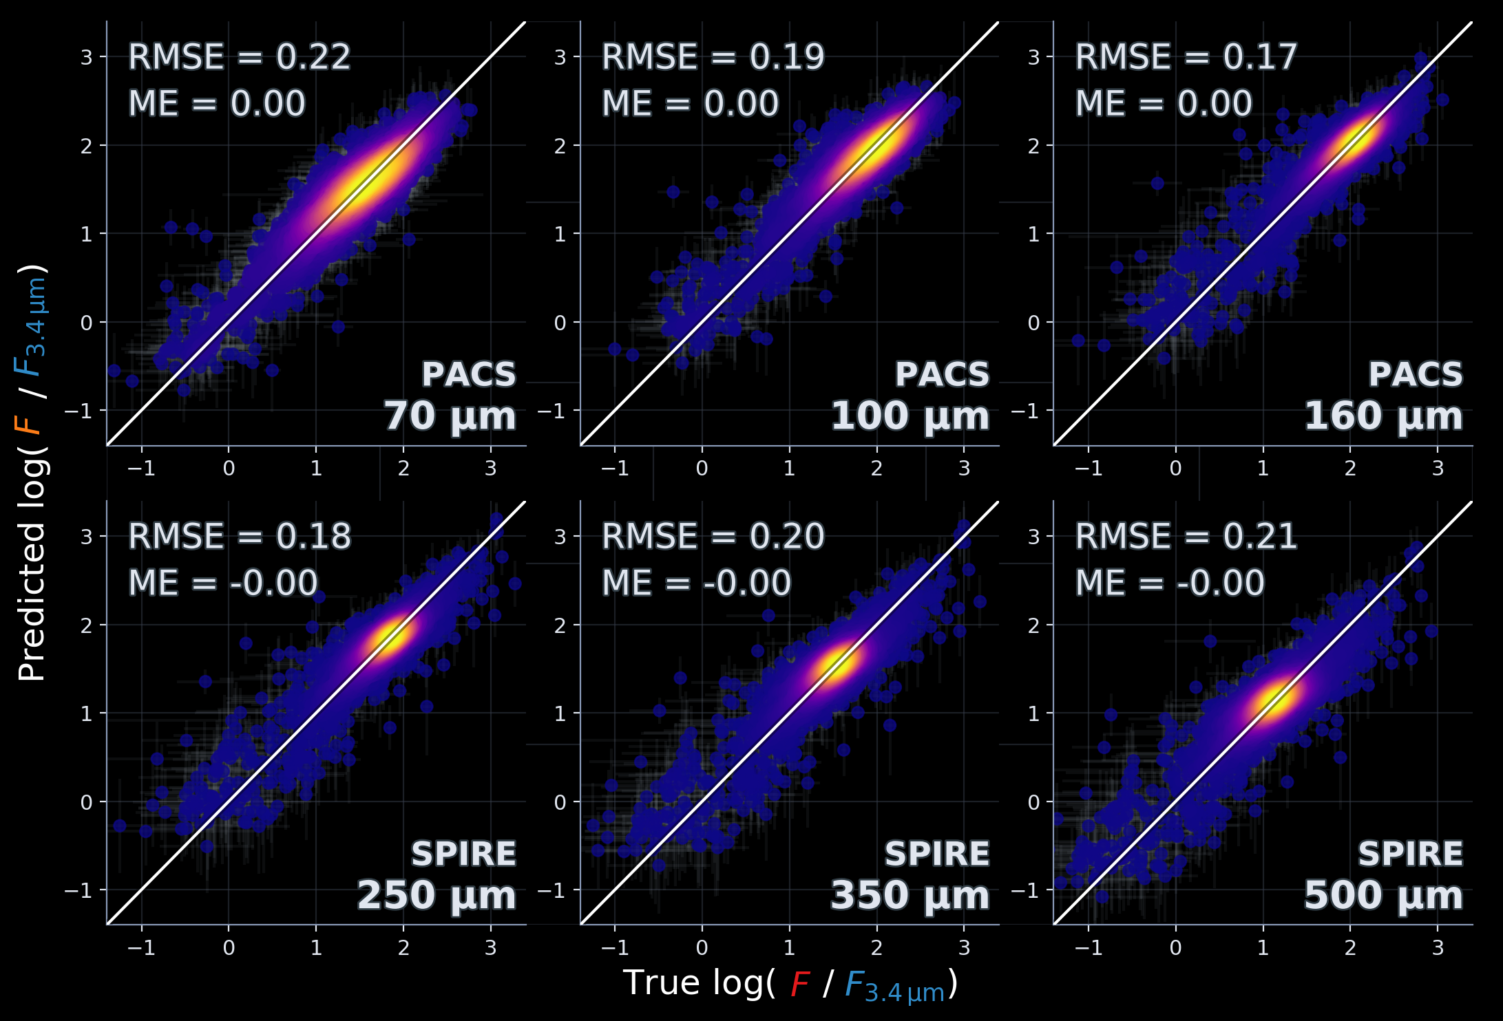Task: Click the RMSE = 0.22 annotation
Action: [x=239, y=57]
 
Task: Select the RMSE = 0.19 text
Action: [x=713, y=57]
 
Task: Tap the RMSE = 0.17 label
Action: [x=1186, y=57]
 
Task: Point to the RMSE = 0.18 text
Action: [x=239, y=537]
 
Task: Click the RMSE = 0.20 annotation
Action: [x=713, y=537]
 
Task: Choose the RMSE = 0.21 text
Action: [x=1186, y=537]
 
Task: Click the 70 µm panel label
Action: [x=450, y=417]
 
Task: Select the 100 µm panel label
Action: [x=910, y=417]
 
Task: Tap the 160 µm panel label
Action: [x=1383, y=417]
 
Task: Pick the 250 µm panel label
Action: [x=436, y=896]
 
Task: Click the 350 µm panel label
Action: [x=910, y=896]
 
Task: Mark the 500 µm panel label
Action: [x=1383, y=896]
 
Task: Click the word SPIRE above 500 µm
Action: [x=1410, y=855]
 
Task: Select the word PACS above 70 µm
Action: [x=468, y=375]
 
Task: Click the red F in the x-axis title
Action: [x=799, y=984]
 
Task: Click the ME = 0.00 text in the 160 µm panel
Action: [x=1163, y=105]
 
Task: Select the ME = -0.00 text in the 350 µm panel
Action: [x=696, y=584]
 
